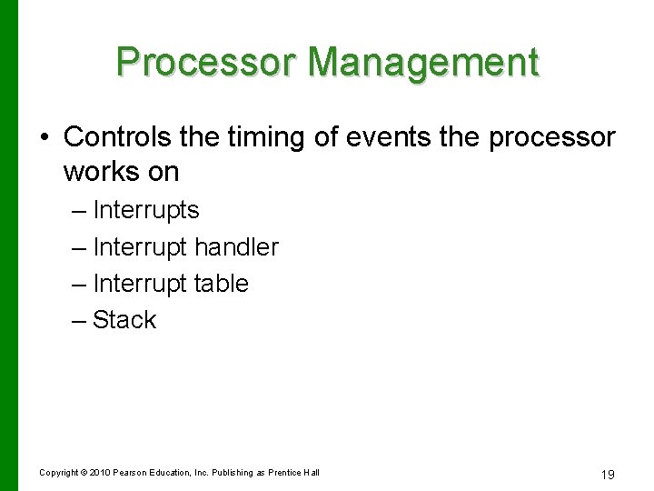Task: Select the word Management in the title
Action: [x=423, y=62]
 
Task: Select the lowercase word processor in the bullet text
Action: [x=551, y=136]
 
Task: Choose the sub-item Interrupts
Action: [x=145, y=210]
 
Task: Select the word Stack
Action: [x=124, y=320]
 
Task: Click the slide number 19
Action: [x=608, y=475]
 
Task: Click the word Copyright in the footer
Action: [x=58, y=473]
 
